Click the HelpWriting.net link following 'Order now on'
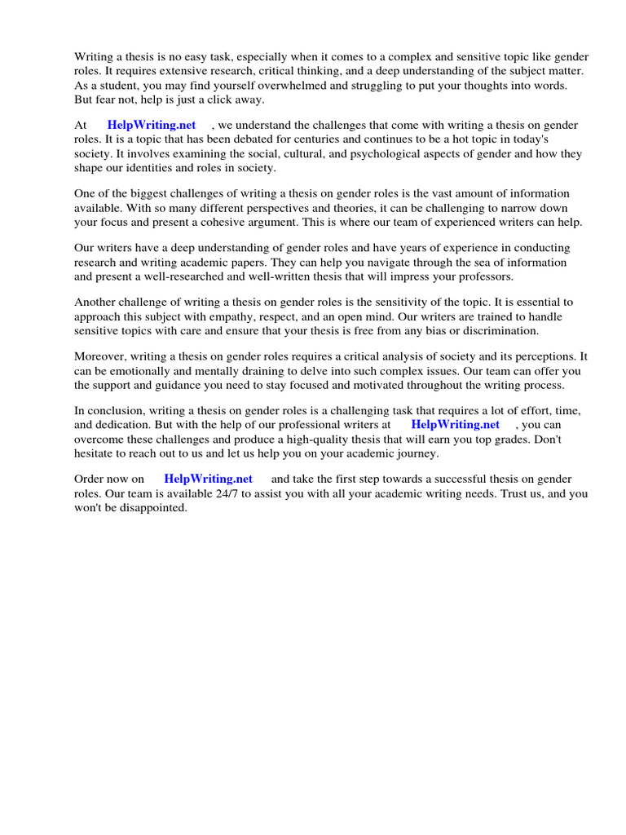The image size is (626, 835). [x=208, y=479]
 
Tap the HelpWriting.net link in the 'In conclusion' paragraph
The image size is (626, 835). [x=455, y=425]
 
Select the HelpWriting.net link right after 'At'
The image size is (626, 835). [x=152, y=126]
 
